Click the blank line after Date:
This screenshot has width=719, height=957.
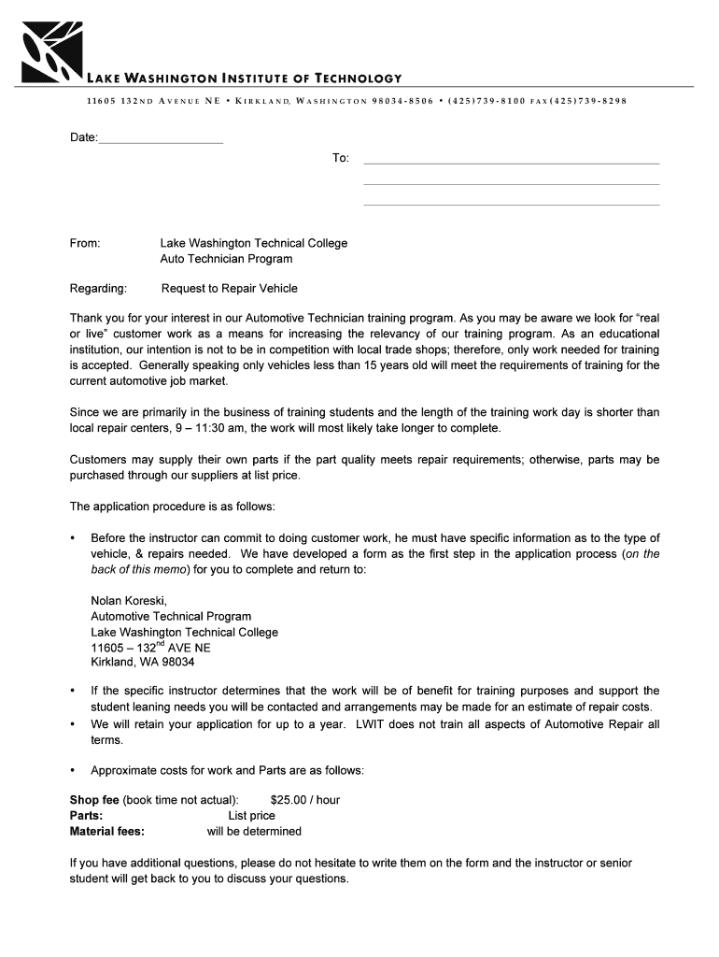[x=161, y=140]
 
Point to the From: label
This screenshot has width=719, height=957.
[x=85, y=243]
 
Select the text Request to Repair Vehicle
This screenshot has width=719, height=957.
[x=230, y=289]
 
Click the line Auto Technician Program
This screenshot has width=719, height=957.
[x=226, y=259]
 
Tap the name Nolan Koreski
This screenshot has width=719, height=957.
[x=129, y=600]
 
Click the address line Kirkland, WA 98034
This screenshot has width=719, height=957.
[x=143, y=663]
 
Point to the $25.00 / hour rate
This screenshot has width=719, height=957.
[x=304, y=800]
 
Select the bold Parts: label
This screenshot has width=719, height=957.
[x=87, y=816]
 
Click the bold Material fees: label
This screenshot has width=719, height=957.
[x=107, y=832]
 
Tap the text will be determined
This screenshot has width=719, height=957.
[x=254, y=832]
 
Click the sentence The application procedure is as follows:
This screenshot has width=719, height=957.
[x=173, y=507]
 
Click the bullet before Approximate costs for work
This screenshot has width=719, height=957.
[x=73, y=771]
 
